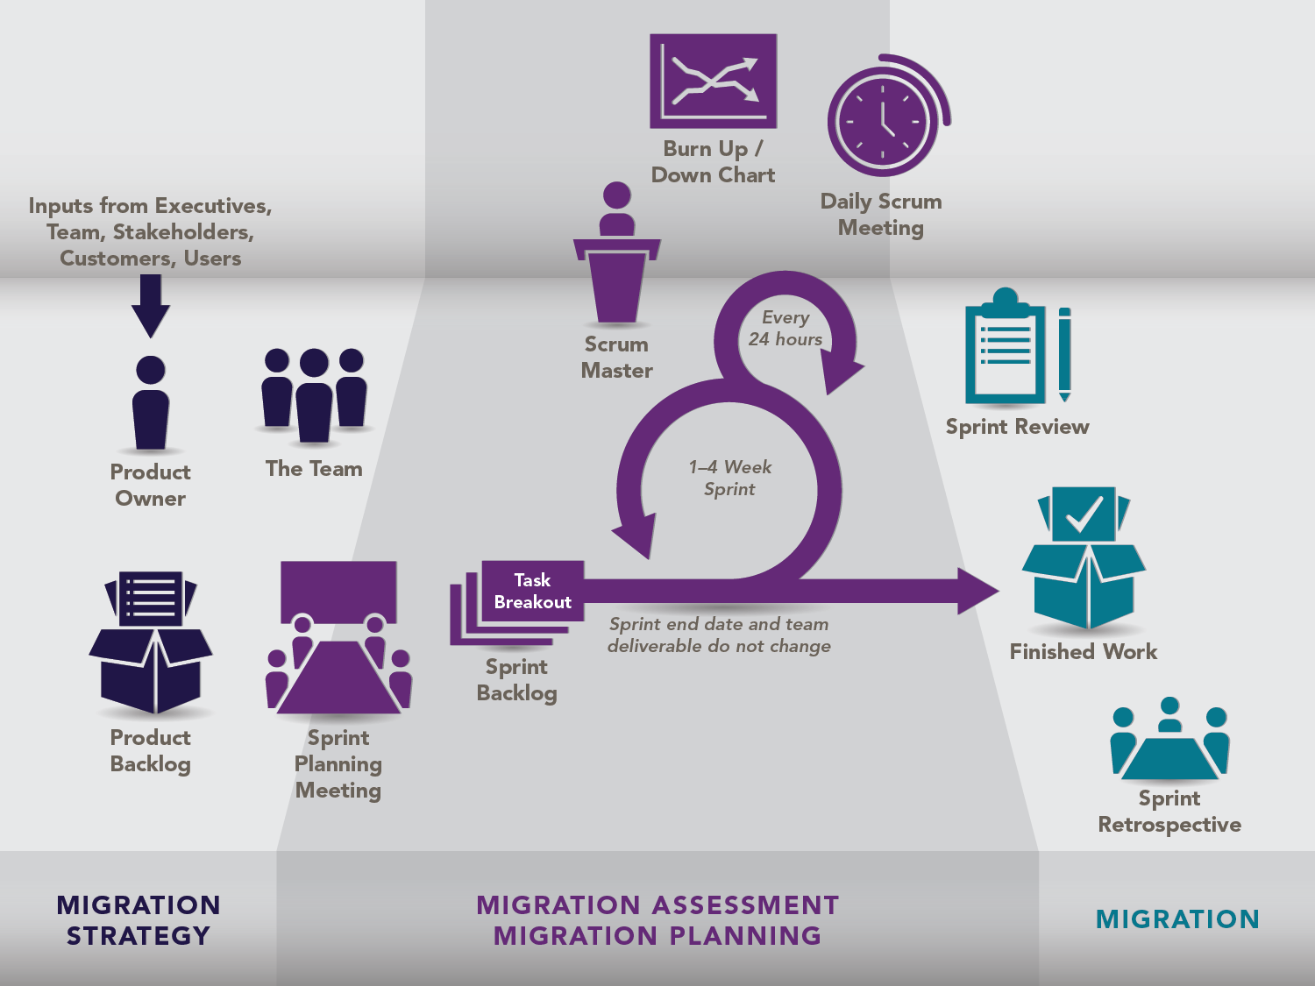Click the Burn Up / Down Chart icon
713,81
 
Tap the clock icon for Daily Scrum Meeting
884,119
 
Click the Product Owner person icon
151,403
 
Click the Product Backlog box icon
151,644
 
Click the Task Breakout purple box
532,592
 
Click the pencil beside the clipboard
1064,353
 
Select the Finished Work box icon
1084,561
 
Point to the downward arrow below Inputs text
151,305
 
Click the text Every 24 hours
785,329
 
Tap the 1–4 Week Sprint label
729,479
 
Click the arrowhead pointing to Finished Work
977,591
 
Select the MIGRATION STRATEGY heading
139,920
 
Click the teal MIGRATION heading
1177,919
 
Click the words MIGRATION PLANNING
657,936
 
